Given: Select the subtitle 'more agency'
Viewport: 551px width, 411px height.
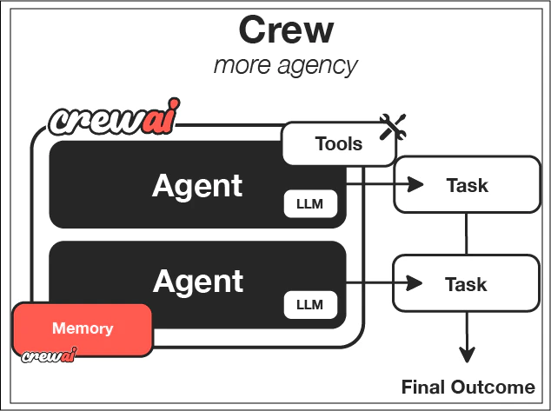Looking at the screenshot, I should click(x=286, y=65).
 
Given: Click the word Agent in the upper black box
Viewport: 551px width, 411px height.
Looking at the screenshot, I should click(x=198, y=185).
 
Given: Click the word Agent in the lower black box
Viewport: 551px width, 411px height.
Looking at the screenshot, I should click(x=198, y=281).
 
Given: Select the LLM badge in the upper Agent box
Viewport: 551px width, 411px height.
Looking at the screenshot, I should click(x=310, y=205).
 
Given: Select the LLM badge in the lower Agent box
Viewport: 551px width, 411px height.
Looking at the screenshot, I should click(x=310, y=305).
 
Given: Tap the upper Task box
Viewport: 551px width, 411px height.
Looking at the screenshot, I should click(x=467, y=184).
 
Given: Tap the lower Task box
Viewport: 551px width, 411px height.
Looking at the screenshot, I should click(x=467, y=283).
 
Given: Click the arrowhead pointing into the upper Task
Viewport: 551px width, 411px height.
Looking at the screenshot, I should click(x=415, y=184).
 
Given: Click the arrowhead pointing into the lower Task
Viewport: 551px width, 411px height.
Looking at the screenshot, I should click(x=415, y=283).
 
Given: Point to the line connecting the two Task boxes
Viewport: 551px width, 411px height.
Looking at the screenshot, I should click(x=468, y=234).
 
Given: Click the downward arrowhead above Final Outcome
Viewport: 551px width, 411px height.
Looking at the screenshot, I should click(x=468, y=355).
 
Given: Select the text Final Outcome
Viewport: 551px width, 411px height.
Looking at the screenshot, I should click(x=468, y=388).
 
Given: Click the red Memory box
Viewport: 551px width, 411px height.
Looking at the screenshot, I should click(x=83, y=329).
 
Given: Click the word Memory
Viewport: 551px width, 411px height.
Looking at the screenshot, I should click(x=83, y=328).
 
